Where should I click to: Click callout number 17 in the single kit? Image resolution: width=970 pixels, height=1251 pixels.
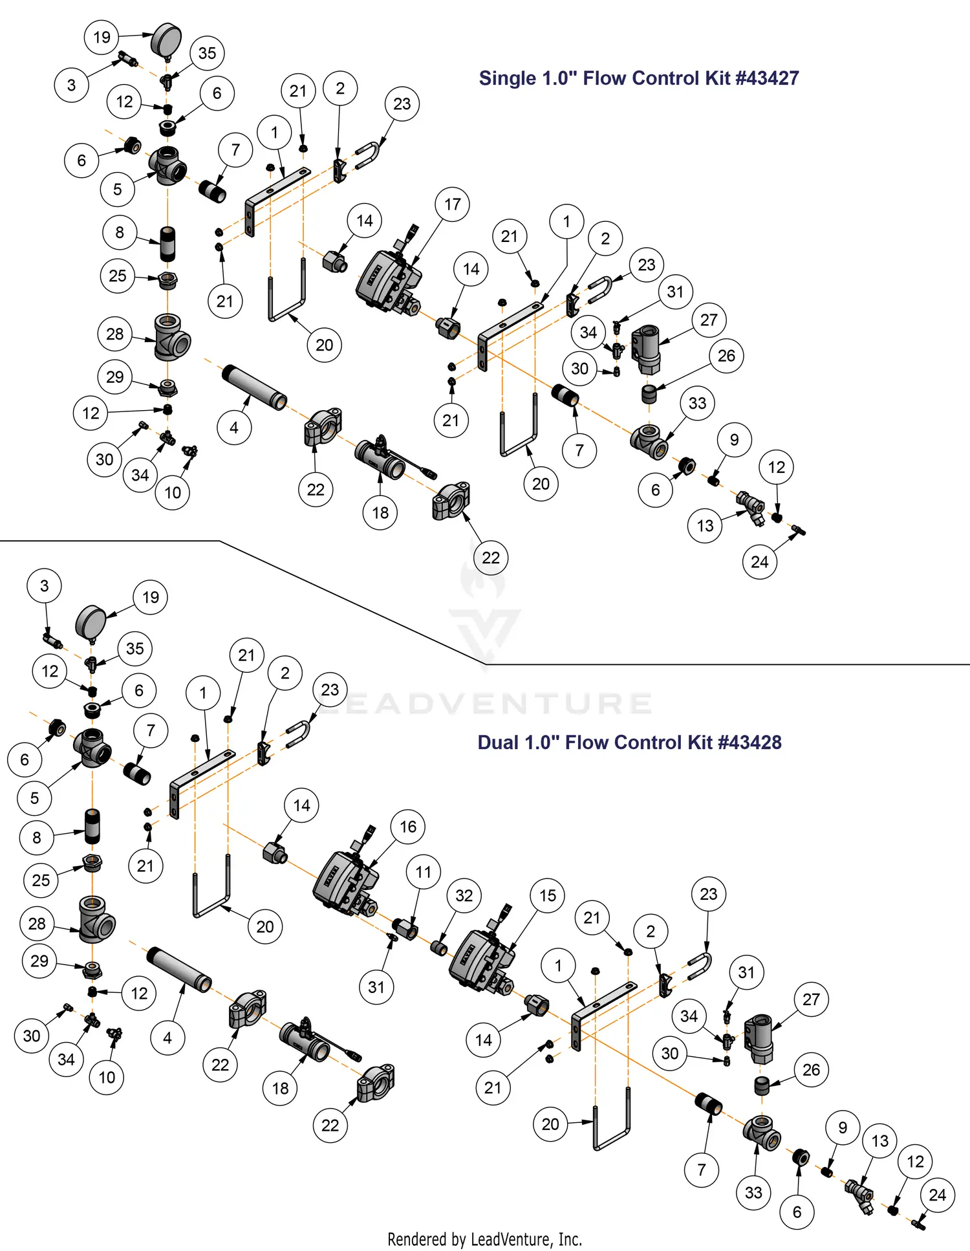point(452,204)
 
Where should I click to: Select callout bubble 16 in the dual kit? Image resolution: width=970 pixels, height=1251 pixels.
point(407,827)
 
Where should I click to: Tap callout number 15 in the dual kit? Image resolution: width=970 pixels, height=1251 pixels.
point(547,896)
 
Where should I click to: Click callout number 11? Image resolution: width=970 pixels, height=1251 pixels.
point(423,872)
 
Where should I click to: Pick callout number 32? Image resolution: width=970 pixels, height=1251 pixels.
point(464,896)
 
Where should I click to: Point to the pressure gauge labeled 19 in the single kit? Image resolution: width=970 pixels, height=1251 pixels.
point(166,40)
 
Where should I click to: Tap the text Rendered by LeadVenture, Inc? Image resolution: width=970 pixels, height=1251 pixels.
point(484,1239)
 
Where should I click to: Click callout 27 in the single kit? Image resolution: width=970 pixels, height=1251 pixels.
point(709,320)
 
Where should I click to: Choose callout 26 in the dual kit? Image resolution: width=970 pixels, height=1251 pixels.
point(811,1070)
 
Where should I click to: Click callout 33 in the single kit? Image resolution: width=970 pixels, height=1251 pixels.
point(697,403)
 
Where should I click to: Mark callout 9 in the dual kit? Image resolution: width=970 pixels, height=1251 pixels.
point(842,1127)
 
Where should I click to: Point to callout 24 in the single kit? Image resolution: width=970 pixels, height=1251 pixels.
point(759,561)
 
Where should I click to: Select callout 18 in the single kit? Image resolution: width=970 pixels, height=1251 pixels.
point(380,513)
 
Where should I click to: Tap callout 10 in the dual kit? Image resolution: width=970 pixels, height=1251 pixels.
point(107,1077)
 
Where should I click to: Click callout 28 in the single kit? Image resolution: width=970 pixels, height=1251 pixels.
point(114,334)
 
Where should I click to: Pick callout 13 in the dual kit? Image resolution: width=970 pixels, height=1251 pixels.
point(879,1141)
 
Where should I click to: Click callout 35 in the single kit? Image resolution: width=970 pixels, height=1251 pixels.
point(207,53)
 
